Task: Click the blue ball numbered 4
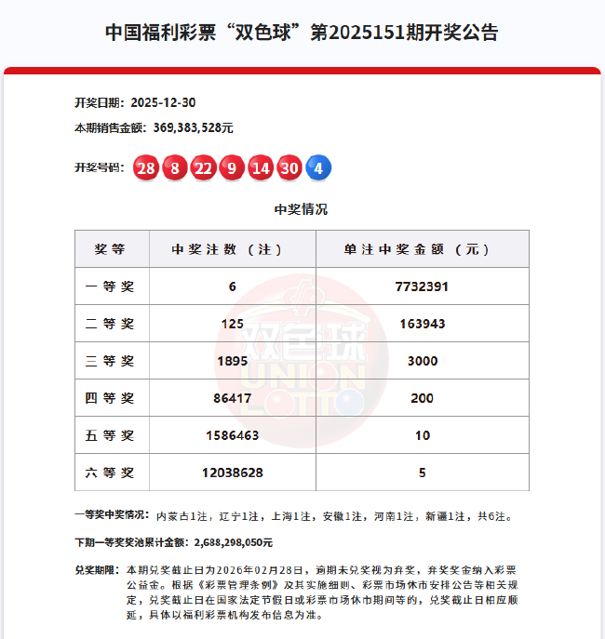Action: tap(318, 168)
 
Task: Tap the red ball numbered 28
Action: tap(145, 168)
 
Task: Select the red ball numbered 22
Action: tap(203, 168)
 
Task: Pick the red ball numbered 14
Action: tap(261, 168)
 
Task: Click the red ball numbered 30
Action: tap(289, 168)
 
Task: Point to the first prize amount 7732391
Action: tap(422, 286)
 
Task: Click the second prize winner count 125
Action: tap(232, 324)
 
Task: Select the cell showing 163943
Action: tap(422, 324)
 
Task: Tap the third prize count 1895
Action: tap(232, 361)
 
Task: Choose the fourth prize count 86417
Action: tap(232, 398)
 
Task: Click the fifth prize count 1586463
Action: tap(232, 435)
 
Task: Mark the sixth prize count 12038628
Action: tap(232, 473)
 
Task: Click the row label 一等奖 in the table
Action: tap(110, 286)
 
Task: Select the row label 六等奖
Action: tap(110, 473)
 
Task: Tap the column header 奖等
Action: tap(110, 249)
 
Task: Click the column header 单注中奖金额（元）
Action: tap(422, 249)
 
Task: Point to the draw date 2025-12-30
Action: tap(163, 102)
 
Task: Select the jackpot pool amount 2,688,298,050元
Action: tap(232, 541)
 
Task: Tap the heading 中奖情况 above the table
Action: tap(301, 209)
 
